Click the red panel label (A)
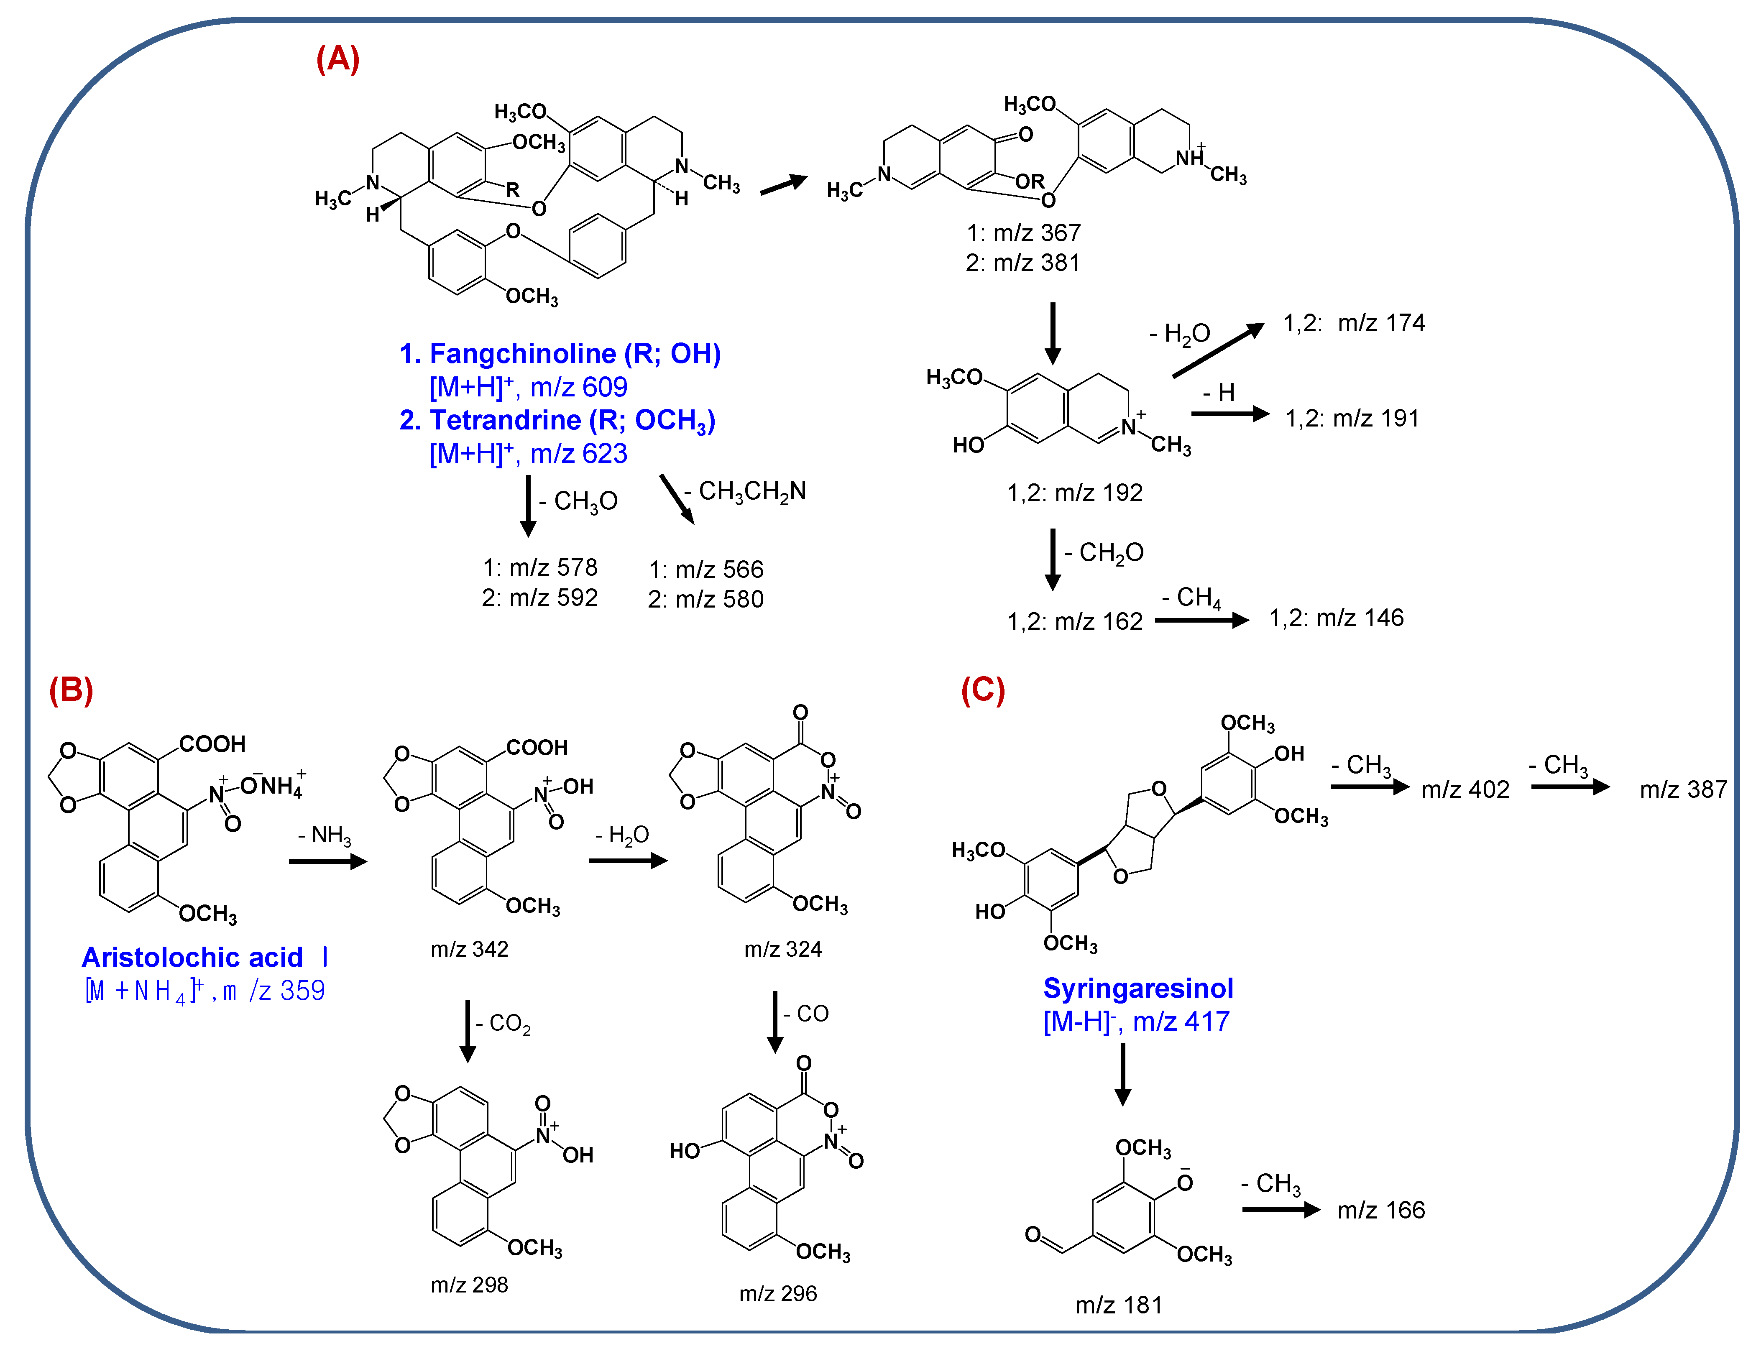[338, 60]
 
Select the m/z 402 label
[1465, 789]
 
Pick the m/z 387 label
[1683, 789]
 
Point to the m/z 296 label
[778, 1293]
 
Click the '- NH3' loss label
[325, 835]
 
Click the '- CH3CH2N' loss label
[745, 491]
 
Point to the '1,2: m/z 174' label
[1354, 323]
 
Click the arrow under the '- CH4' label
[1201, 620]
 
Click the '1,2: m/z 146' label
[1336, 618]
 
